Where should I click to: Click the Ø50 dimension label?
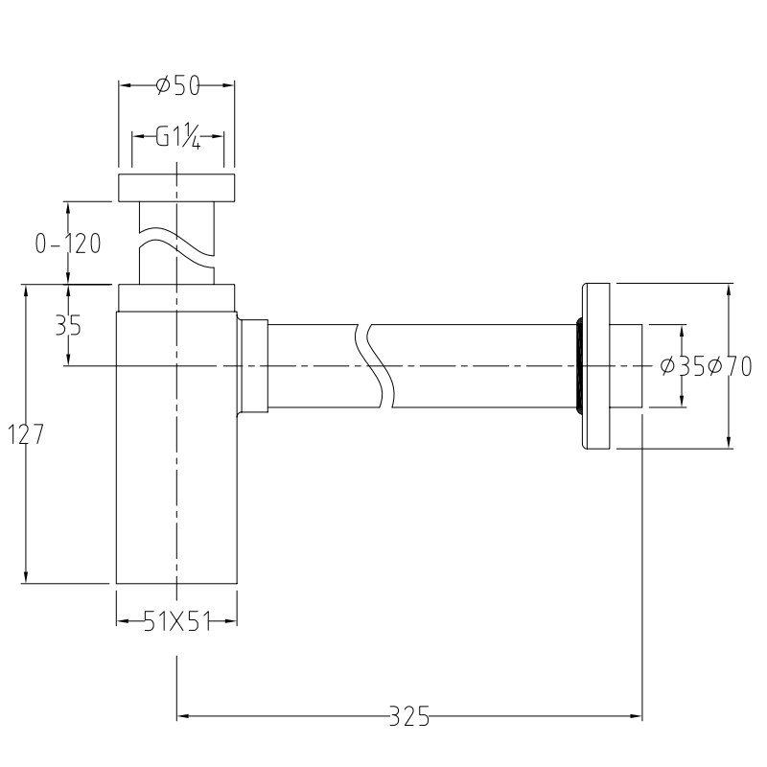(176, 86)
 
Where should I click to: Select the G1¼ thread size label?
(177, 137)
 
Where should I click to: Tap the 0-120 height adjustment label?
(68, 244)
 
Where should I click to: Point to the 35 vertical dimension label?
(68, 326)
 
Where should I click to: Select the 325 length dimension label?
(409, 715)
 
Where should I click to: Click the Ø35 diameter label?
(683, 366)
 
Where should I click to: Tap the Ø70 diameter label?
(730, 366)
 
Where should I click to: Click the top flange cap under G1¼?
(176, 188)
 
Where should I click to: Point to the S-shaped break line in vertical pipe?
(176, 244)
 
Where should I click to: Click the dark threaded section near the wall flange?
(578, 366)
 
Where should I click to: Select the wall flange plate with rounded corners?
(596, 366)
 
